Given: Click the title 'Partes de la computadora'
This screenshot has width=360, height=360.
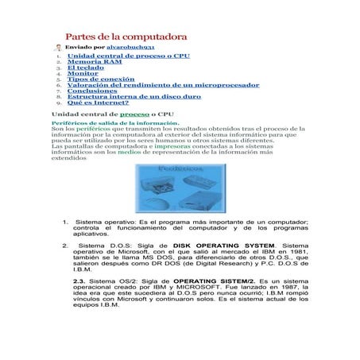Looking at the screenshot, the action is (126, 37).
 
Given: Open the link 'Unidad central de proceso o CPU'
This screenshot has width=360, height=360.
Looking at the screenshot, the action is (128, 56).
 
